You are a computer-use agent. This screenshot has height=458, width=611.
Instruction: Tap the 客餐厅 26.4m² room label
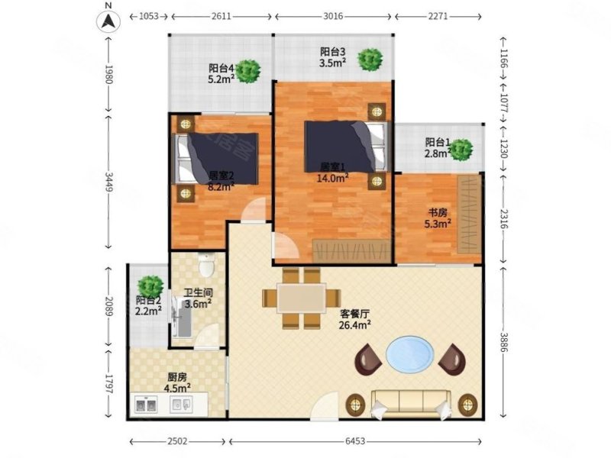[355, 318]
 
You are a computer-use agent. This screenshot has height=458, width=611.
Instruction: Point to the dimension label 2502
[178, 442]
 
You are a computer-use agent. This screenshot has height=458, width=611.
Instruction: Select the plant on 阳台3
[371, 59]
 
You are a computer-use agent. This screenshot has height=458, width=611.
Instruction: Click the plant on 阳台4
[248, 72]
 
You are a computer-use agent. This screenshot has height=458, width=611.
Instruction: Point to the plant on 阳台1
[460, 149]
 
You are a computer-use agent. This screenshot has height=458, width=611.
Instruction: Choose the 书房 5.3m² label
[438, 218]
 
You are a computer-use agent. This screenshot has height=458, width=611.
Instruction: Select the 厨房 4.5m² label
[178, 382]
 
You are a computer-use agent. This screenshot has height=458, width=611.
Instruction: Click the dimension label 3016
[333, 15]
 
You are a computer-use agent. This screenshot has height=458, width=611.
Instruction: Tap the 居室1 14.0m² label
[334, 172]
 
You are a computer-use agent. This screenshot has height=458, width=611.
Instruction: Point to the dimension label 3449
[109, 182]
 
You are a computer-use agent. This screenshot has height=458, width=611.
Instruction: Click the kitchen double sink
[146, 405]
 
